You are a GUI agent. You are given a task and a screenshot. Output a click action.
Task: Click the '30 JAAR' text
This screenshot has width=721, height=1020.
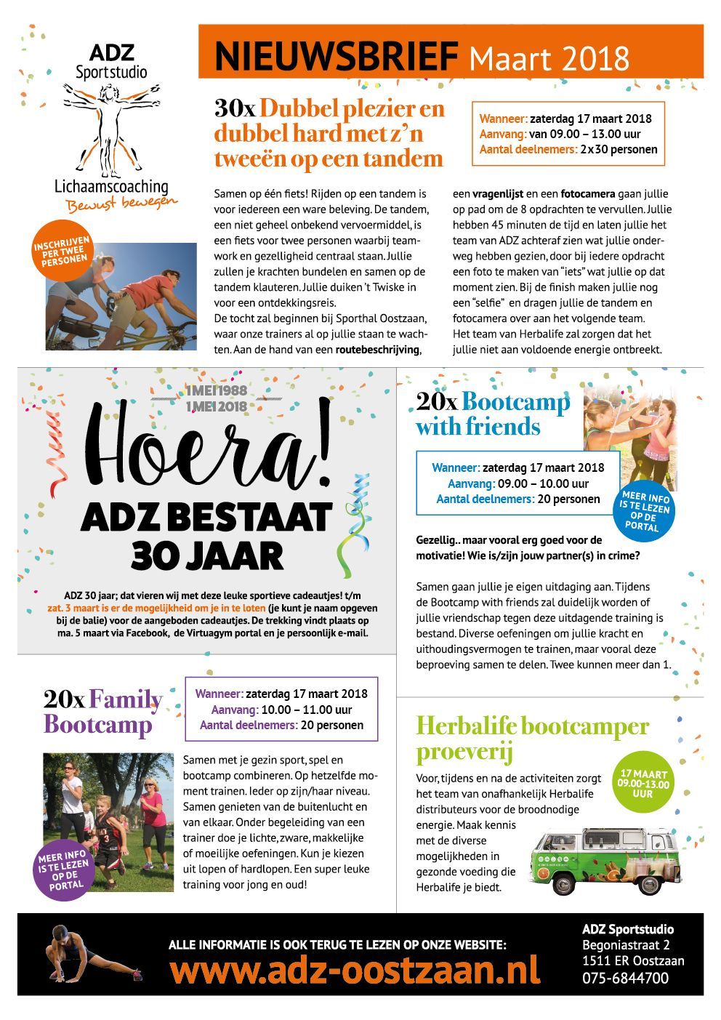[x=207, y=556]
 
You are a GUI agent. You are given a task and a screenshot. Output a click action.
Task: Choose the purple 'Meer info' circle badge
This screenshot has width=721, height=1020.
[x=63, y=870]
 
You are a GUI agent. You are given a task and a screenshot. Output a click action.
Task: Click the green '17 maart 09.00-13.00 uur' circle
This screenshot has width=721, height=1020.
[x=643, y=782]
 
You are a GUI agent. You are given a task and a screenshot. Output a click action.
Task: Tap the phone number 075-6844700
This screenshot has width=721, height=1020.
[x=625, y=978]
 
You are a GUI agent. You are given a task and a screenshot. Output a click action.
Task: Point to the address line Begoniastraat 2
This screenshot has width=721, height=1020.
[x=626, y=945]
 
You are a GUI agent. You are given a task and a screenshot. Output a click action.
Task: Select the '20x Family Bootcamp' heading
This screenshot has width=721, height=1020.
[x=102, y=712]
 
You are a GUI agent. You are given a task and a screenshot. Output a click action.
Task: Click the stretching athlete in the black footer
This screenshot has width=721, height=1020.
[x=87, y=954]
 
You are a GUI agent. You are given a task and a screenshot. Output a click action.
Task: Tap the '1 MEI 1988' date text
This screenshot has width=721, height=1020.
[x=216, y=391]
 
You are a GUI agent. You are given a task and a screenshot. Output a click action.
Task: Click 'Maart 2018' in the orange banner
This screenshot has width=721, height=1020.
[x=549, y=57]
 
